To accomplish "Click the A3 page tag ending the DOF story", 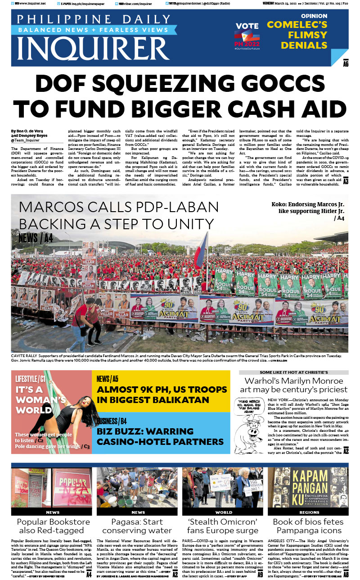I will (346, 181).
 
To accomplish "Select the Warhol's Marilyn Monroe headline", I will (293, 385).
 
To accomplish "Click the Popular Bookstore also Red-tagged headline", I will (53, 526).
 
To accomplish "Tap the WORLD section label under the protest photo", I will (224, 512).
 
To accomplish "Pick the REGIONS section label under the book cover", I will (309, 512).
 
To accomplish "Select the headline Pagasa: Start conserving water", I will (138, 526).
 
